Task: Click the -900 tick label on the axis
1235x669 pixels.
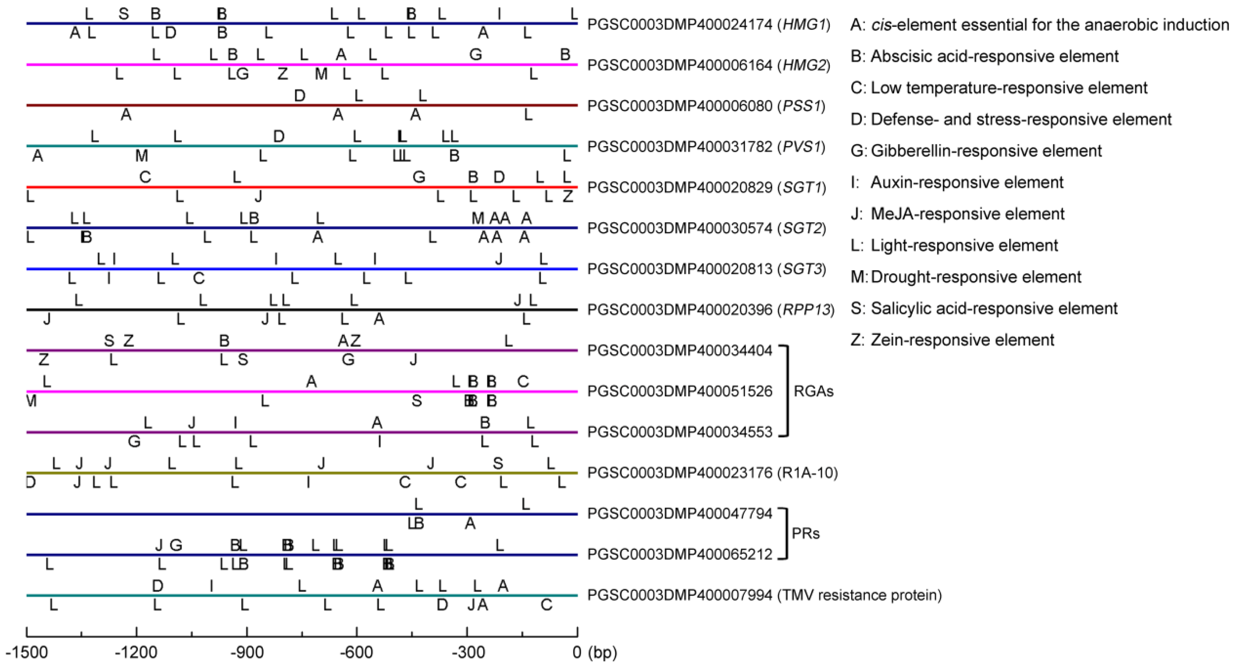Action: [x=246, y=652]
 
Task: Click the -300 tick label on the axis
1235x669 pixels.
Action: [x=466, y=652]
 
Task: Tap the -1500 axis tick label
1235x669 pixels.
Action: [x=27, y=652]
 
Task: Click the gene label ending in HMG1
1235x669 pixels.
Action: [x=708, y=24]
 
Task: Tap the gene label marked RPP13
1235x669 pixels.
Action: [x=711, y=310]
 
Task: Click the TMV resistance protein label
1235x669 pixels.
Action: [x=764, y=595]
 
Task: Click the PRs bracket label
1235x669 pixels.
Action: [x=806, y=533]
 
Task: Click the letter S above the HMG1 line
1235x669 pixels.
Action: [x=124, y=14]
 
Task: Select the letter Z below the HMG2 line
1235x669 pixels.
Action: [x=283, y=74]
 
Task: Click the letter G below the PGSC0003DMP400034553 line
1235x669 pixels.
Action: [x=134, y=441]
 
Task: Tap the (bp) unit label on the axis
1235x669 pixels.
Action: [x=602, y=652]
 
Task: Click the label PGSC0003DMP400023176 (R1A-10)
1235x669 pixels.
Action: [x=712, y=473]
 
